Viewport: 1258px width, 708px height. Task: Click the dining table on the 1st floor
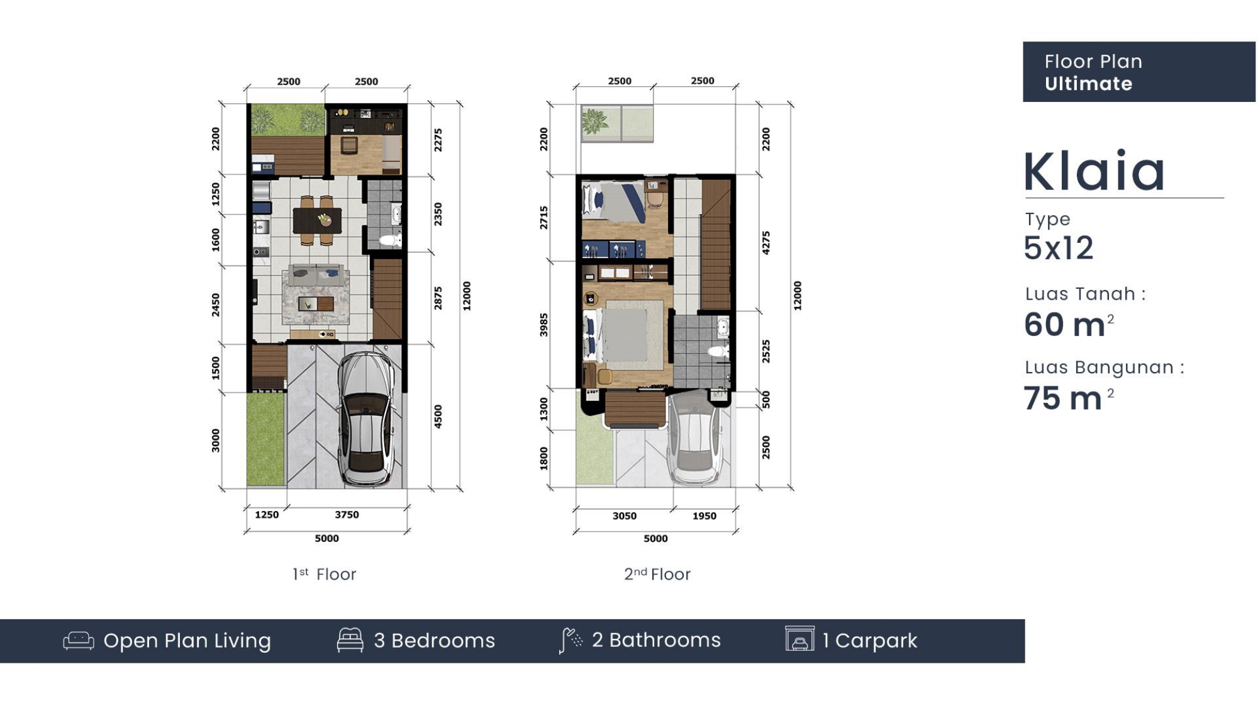click(317, 220)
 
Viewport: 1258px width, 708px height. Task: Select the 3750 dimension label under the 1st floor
click(347, 515)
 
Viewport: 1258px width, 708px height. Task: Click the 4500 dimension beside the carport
click(438, 417)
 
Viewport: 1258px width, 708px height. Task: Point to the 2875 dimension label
click(438, 298)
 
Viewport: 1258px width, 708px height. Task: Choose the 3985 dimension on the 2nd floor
click(544, 325)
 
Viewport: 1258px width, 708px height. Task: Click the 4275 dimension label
click(766, 243)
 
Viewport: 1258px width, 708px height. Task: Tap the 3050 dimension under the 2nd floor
click(625, 516)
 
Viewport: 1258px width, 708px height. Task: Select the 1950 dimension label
click(704, 516)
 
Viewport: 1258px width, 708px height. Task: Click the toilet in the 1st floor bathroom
click(391, 240)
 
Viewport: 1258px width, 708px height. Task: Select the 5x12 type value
click(1059, 248)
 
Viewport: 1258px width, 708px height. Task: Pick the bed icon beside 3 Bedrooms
click(350, 640)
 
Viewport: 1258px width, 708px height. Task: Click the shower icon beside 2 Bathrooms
click(571, 641)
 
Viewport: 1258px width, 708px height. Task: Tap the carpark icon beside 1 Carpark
click(799, 639)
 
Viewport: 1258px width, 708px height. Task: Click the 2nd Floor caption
click(657, 574)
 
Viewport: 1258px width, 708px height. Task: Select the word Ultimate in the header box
click(1088, 84)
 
